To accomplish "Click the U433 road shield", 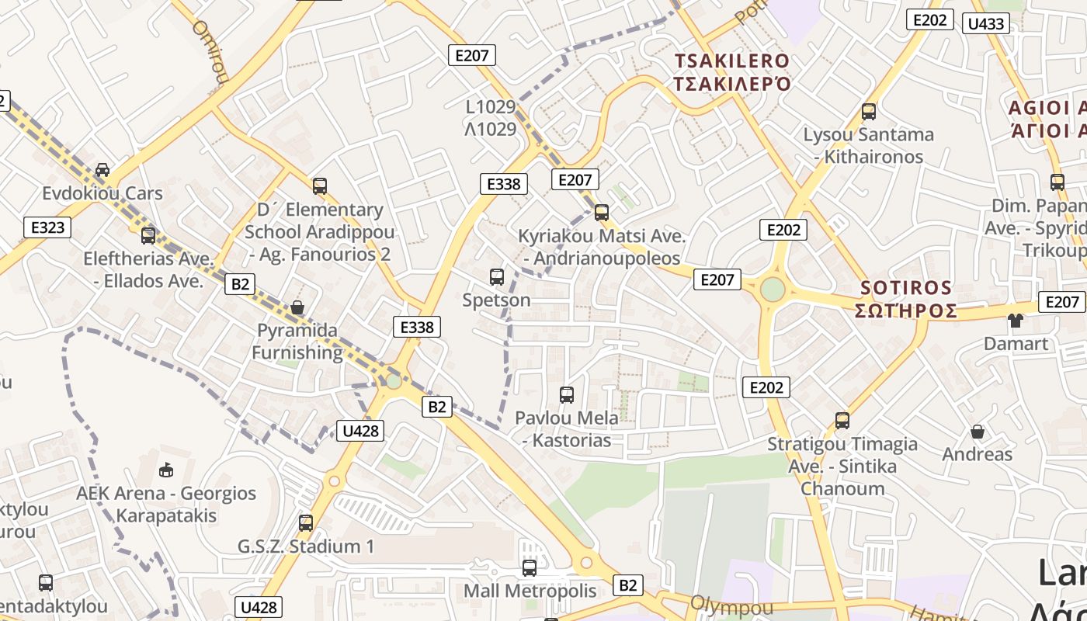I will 986,23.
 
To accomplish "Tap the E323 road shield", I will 47,227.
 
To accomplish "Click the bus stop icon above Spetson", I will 497,276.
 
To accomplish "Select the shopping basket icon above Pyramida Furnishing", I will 297,307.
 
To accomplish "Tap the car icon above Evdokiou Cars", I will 102,169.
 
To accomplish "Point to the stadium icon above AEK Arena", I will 165,470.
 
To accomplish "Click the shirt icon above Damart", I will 1016,320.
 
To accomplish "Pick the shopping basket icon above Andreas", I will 978,431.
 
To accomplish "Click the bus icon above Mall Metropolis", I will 530,567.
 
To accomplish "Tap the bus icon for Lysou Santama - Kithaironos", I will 869,111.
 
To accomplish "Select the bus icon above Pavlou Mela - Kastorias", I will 567,394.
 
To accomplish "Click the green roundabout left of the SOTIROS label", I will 773,289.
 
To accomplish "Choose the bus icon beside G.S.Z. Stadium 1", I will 306,522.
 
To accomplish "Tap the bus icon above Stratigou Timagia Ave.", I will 842,421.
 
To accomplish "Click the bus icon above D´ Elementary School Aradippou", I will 320,186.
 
